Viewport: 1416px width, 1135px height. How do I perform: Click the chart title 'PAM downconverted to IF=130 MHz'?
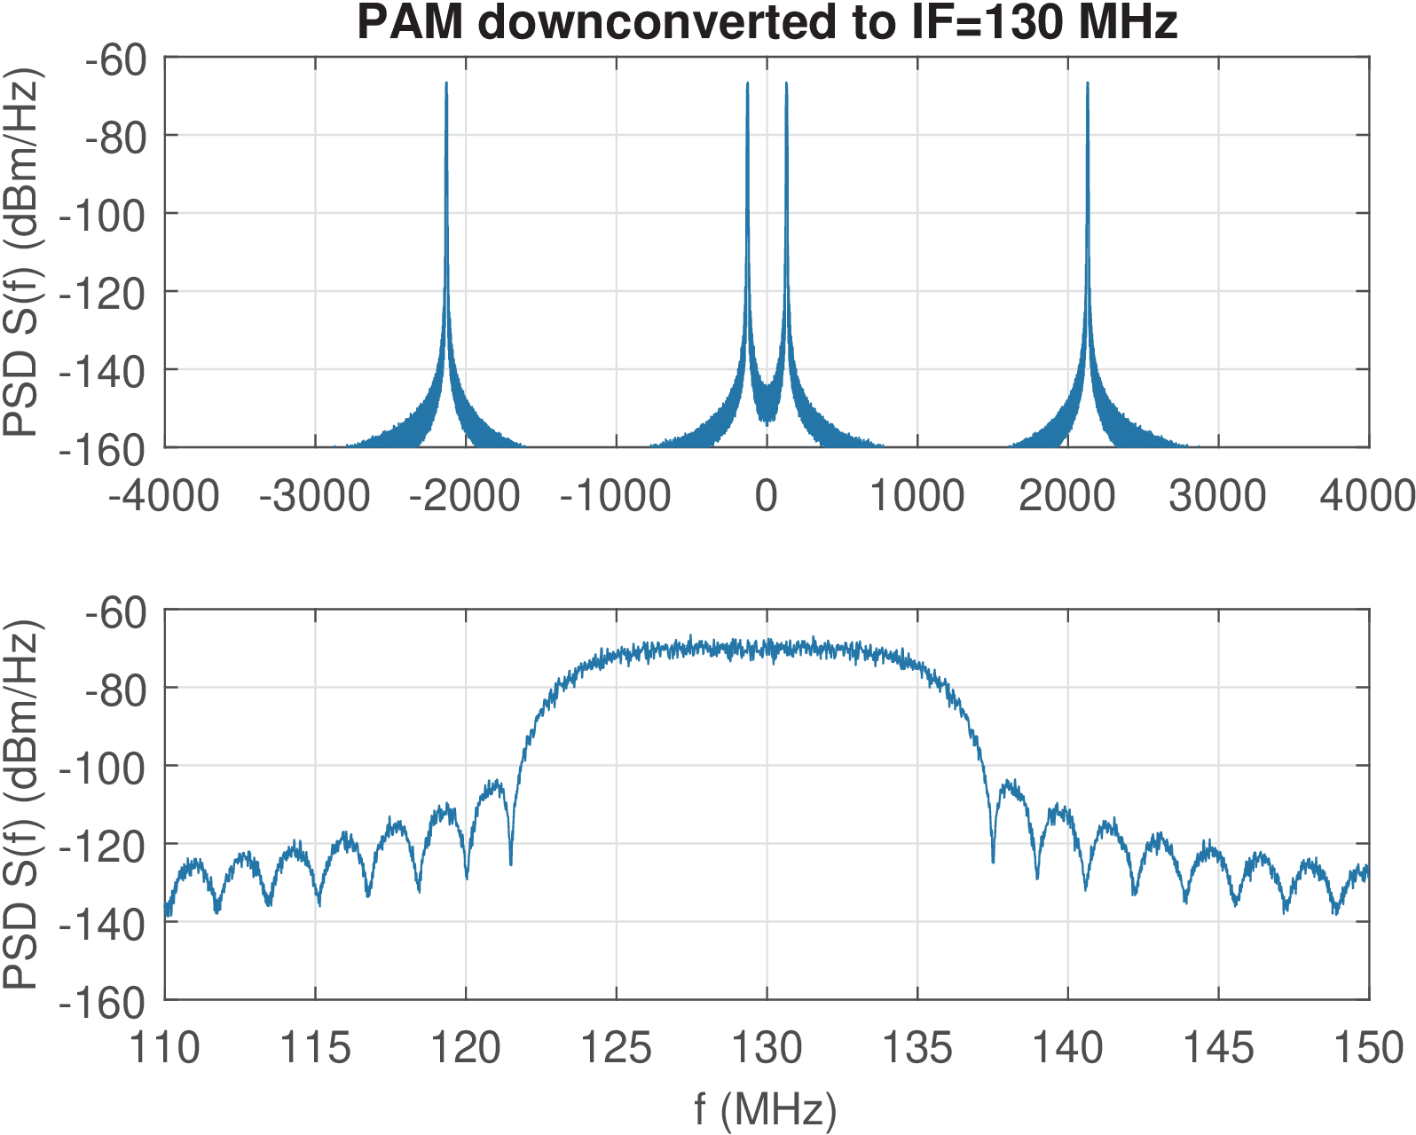(767, 22)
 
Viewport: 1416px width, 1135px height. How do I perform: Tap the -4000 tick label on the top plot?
(164, 495)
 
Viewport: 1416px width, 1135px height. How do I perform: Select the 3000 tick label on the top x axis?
(1217, 495)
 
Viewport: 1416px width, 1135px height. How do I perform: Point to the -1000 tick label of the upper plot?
(615, 495)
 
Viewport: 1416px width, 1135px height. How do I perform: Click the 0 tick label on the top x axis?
(767, 495)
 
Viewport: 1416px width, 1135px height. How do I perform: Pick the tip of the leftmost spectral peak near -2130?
(446, 83)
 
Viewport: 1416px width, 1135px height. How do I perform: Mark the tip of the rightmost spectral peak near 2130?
(1088, 83)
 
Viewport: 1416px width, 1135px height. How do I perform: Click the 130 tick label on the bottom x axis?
(767, 1048)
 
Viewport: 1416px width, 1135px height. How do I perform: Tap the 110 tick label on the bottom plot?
(165, 1048)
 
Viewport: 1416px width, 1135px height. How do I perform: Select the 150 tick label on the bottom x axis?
(1368, 1048)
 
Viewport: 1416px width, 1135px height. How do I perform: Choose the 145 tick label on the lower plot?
(1218, 1048)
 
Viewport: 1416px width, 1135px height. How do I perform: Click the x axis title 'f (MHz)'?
(766, 1109)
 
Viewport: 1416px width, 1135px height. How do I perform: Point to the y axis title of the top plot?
(21, 252)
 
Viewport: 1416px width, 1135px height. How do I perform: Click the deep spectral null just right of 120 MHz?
(510, 863)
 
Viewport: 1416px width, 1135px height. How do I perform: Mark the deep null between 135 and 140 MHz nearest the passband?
(993, 861)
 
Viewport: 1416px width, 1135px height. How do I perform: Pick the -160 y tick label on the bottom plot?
(102, 1003)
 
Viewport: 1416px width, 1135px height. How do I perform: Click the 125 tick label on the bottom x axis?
(616, 1048)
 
